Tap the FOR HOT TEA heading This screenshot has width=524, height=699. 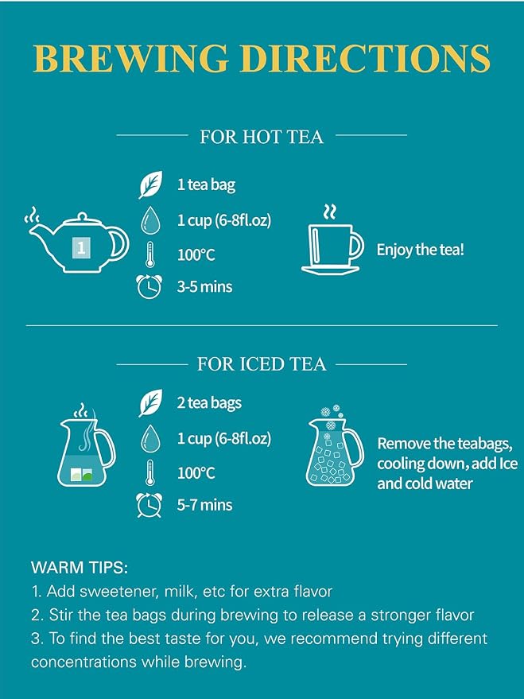click(262, 137)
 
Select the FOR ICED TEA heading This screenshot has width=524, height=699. click(262, 363)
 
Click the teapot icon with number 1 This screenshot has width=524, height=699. click(76, 241)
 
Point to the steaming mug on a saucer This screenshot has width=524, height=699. click(332, 240)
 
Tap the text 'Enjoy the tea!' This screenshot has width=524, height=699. click(420, 249)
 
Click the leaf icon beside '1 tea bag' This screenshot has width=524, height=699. click(150, 184)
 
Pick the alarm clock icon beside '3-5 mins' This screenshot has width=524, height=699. click(149, 286)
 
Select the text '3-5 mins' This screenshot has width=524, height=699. click(204, 286)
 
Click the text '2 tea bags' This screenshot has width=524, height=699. click(209, 403)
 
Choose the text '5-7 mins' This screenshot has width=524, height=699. click(204, 505)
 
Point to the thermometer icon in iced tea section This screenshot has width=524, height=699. click(150, 472)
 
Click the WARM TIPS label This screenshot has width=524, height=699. click(80, 568)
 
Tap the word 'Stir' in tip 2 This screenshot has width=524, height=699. click(60, 615)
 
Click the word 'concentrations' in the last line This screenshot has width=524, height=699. click(83, 662)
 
